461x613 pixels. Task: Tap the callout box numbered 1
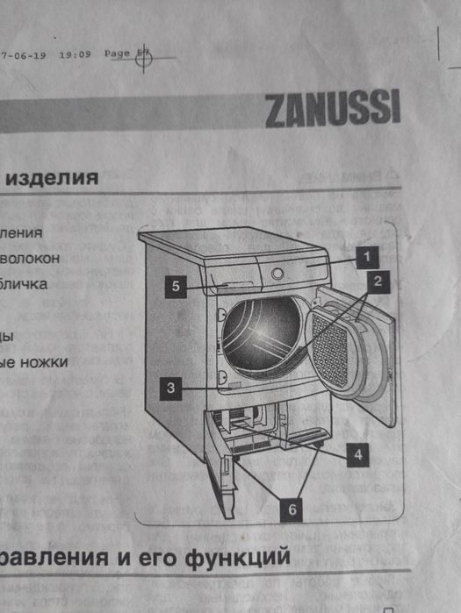[x=366, y=256]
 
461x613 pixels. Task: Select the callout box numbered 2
[x=377, y=282]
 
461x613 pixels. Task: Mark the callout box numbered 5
[x=176, y=286]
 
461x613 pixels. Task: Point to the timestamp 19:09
[x=76, y=53]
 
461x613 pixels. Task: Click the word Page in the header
[x=117, y=53]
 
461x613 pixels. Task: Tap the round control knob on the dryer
[x=278, y=273]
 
